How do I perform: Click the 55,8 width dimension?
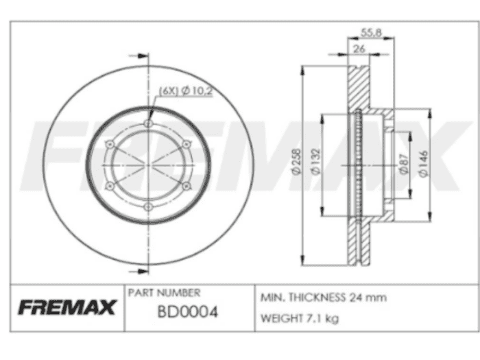pos(371,32)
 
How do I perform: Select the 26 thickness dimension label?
pos(359,49)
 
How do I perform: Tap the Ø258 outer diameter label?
pos(297,162)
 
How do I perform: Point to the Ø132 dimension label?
pos(315,162)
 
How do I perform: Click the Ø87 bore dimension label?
pos(404,165)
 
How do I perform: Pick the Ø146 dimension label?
pos(423,163)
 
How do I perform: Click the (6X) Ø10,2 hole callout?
pos(186,91)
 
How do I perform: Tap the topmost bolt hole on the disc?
pos(148,123)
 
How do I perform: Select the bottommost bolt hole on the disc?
pos(148,207)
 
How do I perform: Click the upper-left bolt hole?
pos(110,144)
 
